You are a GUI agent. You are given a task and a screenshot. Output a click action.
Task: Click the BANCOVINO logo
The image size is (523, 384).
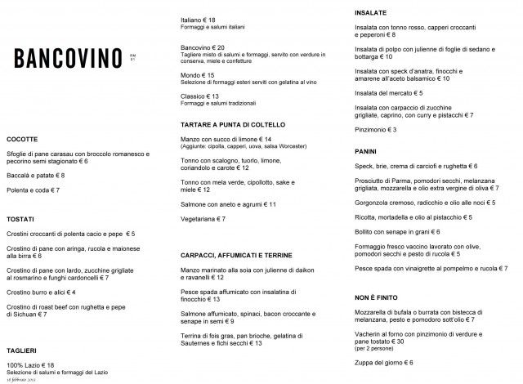pyautogui.click(x=69, y=58)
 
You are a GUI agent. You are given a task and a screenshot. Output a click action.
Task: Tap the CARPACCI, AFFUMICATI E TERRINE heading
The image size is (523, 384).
pyautogui.click(x=238, y=255)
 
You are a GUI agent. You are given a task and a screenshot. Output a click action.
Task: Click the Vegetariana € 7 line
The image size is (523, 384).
pyautogui.click(x=203, y=219)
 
